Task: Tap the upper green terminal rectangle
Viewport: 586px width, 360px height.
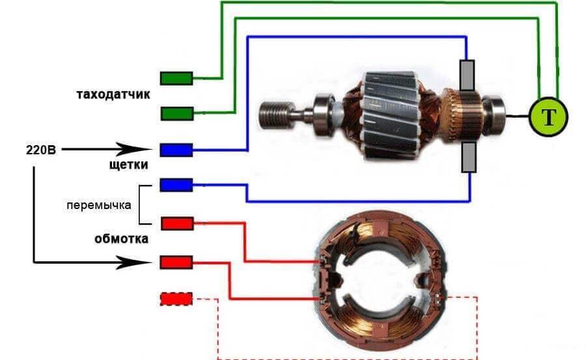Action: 176,78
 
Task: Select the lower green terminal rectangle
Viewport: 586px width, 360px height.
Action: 176,114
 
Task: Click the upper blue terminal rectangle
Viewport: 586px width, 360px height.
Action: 176,150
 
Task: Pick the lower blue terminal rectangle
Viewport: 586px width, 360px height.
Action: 176,185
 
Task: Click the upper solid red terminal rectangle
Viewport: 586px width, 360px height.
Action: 176,223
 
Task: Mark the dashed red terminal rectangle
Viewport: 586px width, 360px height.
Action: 176,299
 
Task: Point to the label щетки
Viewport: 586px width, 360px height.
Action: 128,165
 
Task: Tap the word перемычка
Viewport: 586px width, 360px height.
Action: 99,205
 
